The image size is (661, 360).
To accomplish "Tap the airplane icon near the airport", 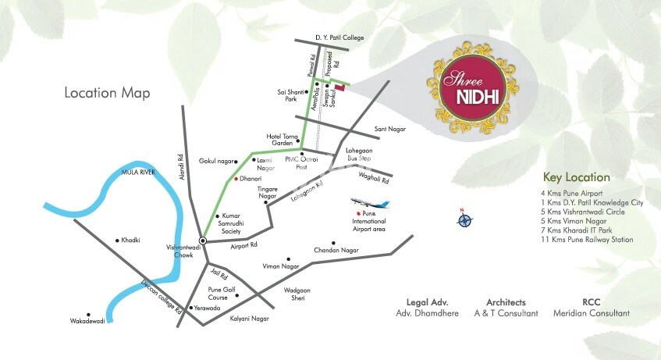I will tap(369, 205).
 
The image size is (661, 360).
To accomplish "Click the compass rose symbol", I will tap(464, 219).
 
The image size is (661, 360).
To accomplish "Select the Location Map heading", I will tap(108, 93).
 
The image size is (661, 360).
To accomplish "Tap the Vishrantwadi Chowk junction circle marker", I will tap(202, 241).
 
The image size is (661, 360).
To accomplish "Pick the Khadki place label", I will tap(130, 241).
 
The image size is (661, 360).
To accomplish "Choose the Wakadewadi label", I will tap(87, 320).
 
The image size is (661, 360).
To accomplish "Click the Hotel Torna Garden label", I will tap(283, 139).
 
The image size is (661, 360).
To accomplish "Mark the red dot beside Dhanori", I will tap(236, 179).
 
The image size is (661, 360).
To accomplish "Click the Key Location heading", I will tap(577, 177).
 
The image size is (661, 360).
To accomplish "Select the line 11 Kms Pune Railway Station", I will tap(587, 240).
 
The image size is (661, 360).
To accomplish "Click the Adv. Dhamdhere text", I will tap(427, 313).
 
